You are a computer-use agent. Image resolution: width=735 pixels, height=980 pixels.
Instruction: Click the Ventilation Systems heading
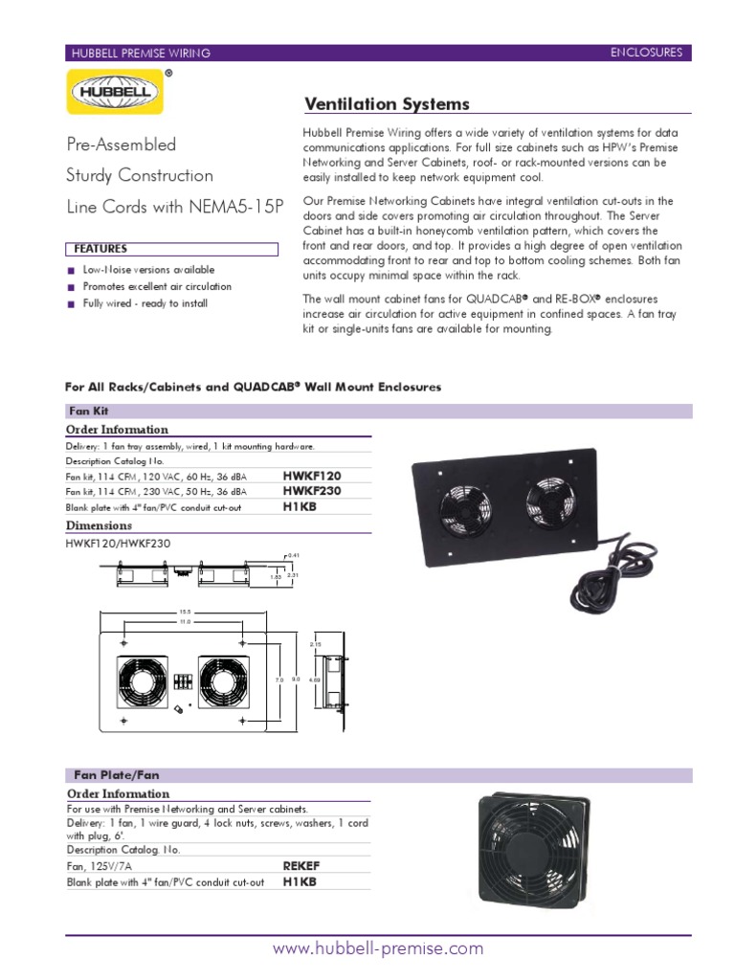click(x=386, y=103)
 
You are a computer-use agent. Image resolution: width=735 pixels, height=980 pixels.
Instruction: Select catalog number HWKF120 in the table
click(x=312, y=475)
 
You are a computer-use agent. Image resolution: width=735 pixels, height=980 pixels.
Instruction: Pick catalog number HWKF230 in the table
click(x=312, y=490)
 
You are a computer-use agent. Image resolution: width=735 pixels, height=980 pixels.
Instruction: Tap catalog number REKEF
click(x=301, y=865)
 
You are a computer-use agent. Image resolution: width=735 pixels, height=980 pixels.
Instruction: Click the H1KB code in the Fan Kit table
click(x=300, y=506)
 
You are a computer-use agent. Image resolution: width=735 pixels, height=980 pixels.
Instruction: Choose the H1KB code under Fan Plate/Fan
click(x=300, y=881)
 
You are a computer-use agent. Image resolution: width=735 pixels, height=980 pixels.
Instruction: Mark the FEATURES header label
click(x=100, y=249)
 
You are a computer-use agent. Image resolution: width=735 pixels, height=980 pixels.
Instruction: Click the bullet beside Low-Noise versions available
click(x=71, y=271)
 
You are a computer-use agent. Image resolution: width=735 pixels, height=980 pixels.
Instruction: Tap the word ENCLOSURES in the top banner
click(x=646, y=53)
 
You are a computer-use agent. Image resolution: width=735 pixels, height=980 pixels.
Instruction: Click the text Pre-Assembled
click(x=121, y=145)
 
